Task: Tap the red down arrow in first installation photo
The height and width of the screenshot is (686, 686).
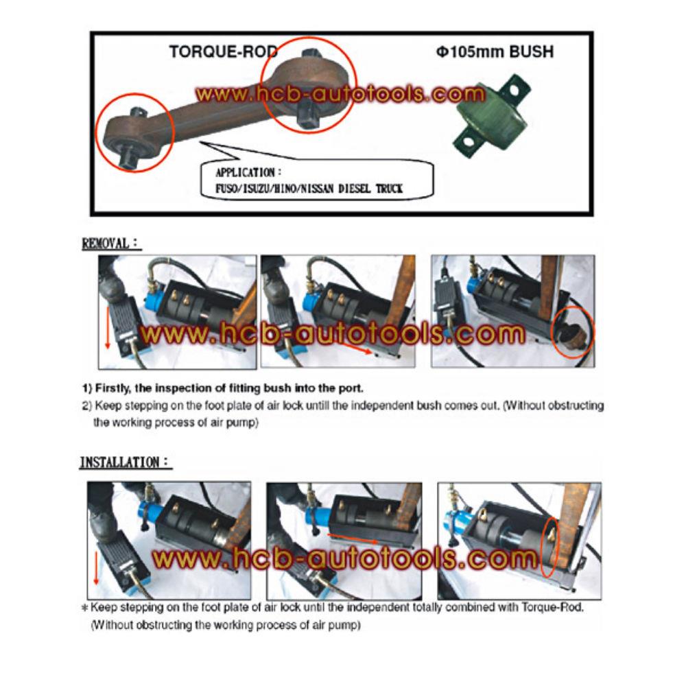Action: [97, 563]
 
